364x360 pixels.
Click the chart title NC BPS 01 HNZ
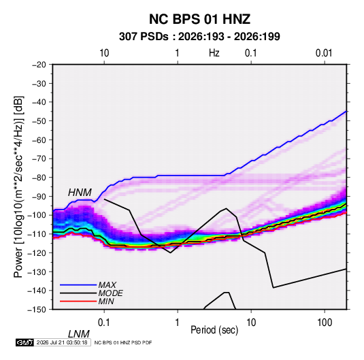pos(199,19)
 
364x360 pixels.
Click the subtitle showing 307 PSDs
pos(199,37)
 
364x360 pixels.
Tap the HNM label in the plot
pos(80,193)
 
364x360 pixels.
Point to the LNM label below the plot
pos(78,334)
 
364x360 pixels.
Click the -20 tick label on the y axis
pos(39,65)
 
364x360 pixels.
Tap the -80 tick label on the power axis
pos(39,178)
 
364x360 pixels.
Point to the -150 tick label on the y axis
pos(37,310)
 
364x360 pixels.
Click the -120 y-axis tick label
pos(37,253)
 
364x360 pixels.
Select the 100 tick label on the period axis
pos(325,322)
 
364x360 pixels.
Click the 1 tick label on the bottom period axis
pos(178,322)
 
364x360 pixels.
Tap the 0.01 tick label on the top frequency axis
pos(324,53)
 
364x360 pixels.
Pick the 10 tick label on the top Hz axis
pos(104,53)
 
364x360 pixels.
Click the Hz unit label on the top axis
pos(214,53)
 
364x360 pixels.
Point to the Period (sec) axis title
pos(214,330)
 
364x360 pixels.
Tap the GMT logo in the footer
pos(24,342)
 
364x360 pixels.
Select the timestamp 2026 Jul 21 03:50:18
pos(62,342)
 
